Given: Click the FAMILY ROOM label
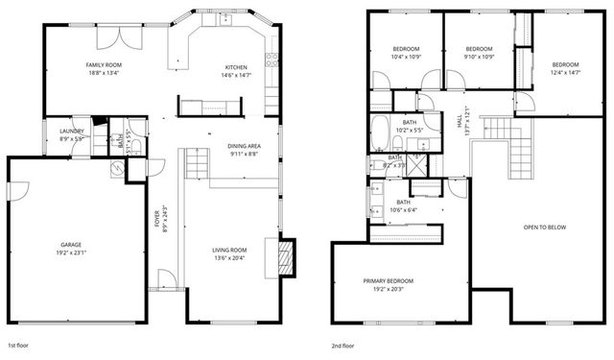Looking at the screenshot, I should [104, 64].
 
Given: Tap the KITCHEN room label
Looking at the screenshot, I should [236, 66].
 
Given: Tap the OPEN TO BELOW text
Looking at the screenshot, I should [542, 228].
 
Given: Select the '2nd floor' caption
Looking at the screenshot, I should [342, 344].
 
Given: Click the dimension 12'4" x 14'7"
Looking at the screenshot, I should [565, 71].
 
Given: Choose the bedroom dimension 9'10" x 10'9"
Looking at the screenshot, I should [479, 56].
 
